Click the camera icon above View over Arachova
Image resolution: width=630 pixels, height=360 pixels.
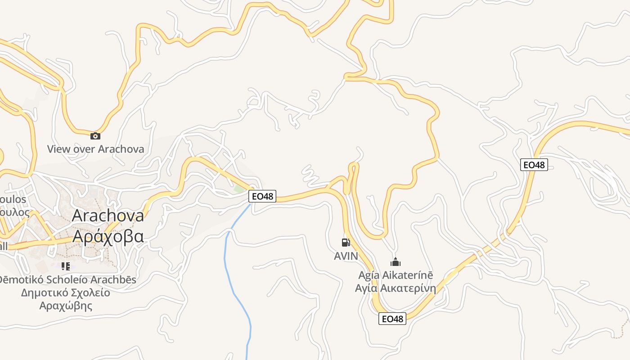(95, 136)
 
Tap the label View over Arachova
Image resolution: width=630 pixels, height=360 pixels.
(96, 149)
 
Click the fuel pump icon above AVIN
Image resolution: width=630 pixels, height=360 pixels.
(346, 243)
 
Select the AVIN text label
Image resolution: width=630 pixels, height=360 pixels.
(346, 256)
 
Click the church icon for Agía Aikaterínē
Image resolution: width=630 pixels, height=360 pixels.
(396, 261)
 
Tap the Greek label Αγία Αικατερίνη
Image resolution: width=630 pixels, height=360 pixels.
(396, 288)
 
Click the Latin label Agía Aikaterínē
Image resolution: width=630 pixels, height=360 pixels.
(396, 275)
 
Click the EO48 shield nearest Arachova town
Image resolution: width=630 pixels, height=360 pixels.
(262, 196)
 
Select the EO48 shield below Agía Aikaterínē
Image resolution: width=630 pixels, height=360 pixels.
(392, 319)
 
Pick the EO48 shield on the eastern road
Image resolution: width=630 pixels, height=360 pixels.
(534, 165)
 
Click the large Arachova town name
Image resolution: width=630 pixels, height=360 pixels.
(108, 215)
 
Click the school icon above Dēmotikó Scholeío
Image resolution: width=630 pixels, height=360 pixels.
(66, 266)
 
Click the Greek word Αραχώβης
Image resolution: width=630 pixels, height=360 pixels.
(66, 306)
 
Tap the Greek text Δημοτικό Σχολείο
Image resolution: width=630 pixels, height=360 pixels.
(66, 293)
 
